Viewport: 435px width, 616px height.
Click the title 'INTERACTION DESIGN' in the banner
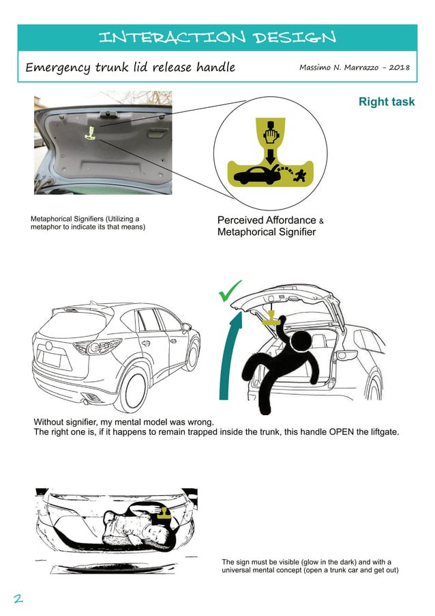point(217,37)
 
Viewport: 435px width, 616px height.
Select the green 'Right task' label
point(386,102)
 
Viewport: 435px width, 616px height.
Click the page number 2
point(18,598)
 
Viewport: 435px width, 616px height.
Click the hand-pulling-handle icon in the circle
point(271,132)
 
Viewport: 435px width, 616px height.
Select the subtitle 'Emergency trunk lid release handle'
point(130,68)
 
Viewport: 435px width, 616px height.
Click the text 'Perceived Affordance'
point(266,221)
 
